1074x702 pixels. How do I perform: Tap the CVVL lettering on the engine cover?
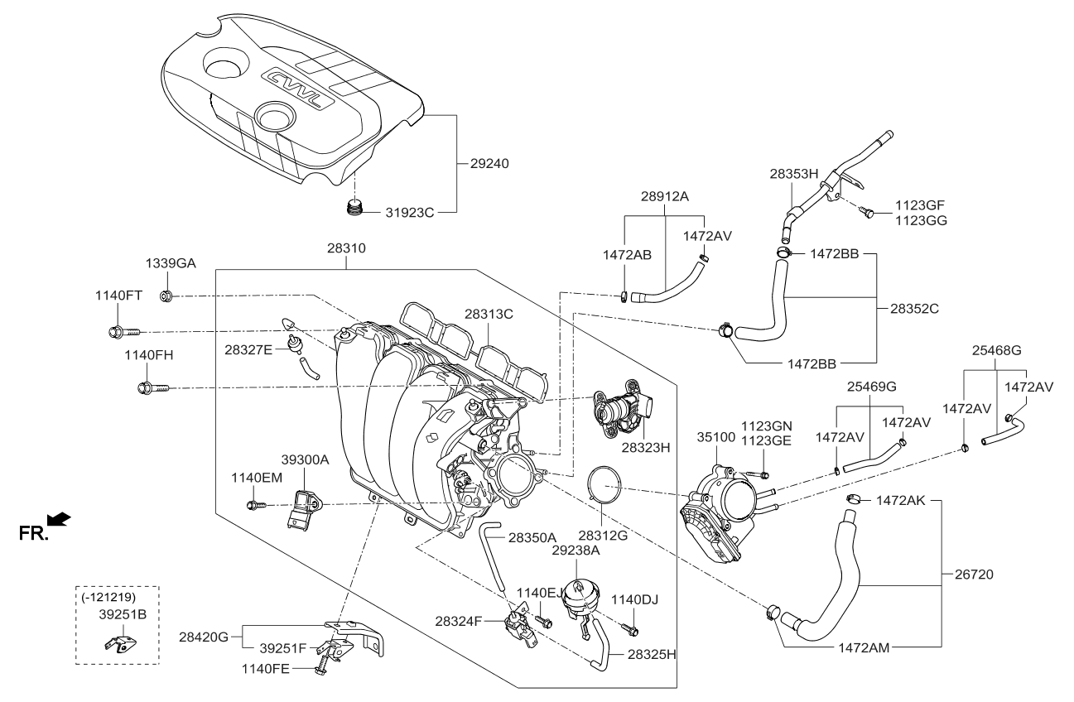[299, 89]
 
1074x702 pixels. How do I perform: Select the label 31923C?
[409, 213]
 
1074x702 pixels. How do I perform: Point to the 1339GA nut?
[165, 296]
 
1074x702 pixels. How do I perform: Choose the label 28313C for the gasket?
[489, 314]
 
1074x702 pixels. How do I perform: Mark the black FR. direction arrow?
[59, 520]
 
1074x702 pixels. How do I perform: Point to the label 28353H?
[793, 174]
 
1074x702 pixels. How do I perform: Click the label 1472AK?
[901, 500]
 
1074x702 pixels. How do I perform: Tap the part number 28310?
[346, 248]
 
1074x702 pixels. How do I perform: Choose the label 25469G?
[871, 387]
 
